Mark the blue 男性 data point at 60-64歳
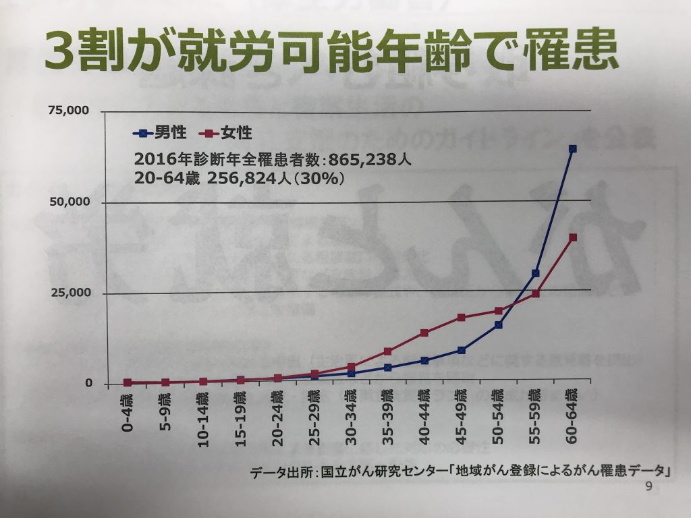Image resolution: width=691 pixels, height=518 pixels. [572, 148]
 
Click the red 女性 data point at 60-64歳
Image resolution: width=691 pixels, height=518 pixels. [572, 237]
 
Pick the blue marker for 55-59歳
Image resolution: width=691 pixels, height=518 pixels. [535, 273]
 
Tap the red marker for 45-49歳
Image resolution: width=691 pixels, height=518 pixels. [461, 317]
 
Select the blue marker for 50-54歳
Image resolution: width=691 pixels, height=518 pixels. [498, 324]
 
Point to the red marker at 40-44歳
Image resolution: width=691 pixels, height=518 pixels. [424, 333]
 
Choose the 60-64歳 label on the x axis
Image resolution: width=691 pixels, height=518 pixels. [572, 417]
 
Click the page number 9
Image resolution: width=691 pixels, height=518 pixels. [648, 487]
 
